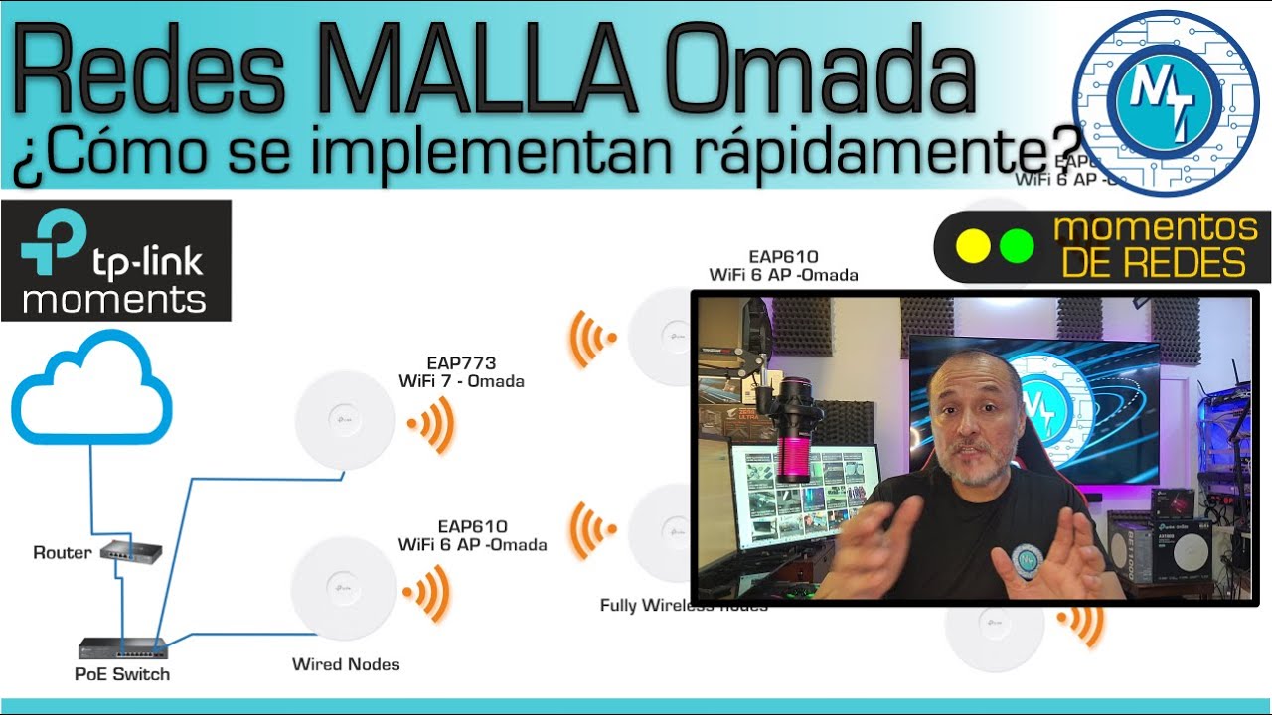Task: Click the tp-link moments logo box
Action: [x=115, y=260]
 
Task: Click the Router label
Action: [x=62, y=553]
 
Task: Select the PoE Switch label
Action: [x=123, y=674]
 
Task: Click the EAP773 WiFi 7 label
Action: [x=461, y=372]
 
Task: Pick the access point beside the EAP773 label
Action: [x=345, y=419]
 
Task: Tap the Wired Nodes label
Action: [x=346, y=664]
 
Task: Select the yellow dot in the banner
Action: [x=973, y=246]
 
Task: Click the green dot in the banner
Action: [x=1017, y=246]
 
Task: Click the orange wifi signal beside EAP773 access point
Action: [x=431, y=425]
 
